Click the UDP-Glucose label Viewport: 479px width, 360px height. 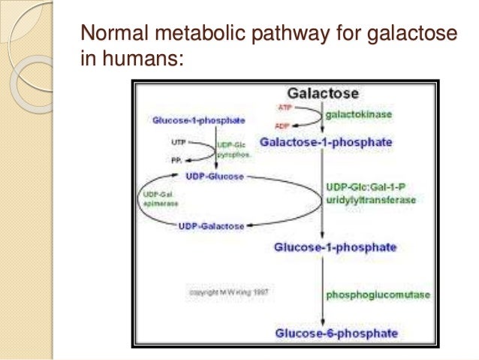215,177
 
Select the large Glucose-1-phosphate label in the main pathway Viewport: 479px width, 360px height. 335,247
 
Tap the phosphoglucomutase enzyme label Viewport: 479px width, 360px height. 378,295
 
